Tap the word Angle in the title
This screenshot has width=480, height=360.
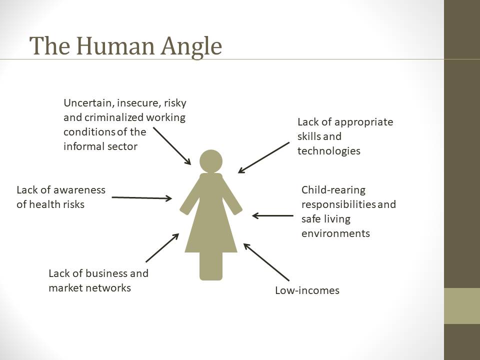191,47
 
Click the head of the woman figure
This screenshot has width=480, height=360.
211,161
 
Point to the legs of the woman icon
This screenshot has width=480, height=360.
211,266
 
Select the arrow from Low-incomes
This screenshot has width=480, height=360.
266,262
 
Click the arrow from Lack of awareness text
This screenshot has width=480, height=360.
141,198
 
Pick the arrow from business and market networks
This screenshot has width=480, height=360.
162,248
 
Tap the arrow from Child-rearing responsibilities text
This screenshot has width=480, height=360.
273,215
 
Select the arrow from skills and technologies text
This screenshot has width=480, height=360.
263,157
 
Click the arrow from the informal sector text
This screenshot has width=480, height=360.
172,146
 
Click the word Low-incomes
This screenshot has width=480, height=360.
307,290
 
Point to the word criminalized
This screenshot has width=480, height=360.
114,117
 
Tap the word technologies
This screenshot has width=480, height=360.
329,151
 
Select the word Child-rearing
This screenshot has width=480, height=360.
333,190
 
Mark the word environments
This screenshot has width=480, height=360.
336,233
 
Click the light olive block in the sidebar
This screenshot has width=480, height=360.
462,306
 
